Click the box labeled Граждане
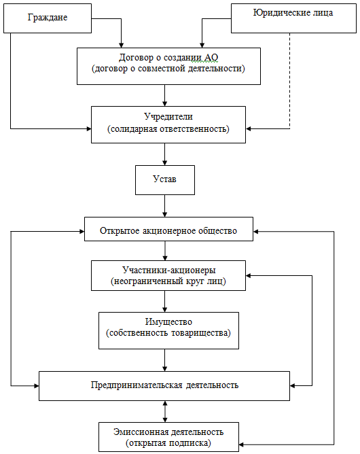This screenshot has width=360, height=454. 48,18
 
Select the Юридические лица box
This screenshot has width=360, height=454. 293,18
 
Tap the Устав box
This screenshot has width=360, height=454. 165,180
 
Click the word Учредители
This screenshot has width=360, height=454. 168,116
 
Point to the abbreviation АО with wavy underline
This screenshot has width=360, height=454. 211,58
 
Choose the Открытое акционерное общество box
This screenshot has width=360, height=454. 168,229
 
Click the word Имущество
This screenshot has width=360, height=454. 168,321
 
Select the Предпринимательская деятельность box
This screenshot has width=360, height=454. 164,386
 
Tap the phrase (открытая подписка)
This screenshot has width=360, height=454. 168,443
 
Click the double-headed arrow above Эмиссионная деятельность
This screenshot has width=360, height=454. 165,411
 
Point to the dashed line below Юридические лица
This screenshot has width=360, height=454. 289,81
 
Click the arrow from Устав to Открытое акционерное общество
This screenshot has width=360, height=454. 165,206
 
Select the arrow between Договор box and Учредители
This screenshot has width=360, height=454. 165,96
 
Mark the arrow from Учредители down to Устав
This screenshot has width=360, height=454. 165,154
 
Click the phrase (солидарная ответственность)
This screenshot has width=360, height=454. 168,129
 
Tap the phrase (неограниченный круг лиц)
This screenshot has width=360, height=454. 168,281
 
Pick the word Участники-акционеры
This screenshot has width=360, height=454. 168,270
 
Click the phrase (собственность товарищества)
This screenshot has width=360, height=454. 168,333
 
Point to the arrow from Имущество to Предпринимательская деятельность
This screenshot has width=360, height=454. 165,360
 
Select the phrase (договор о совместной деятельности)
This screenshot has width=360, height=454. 168,69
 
